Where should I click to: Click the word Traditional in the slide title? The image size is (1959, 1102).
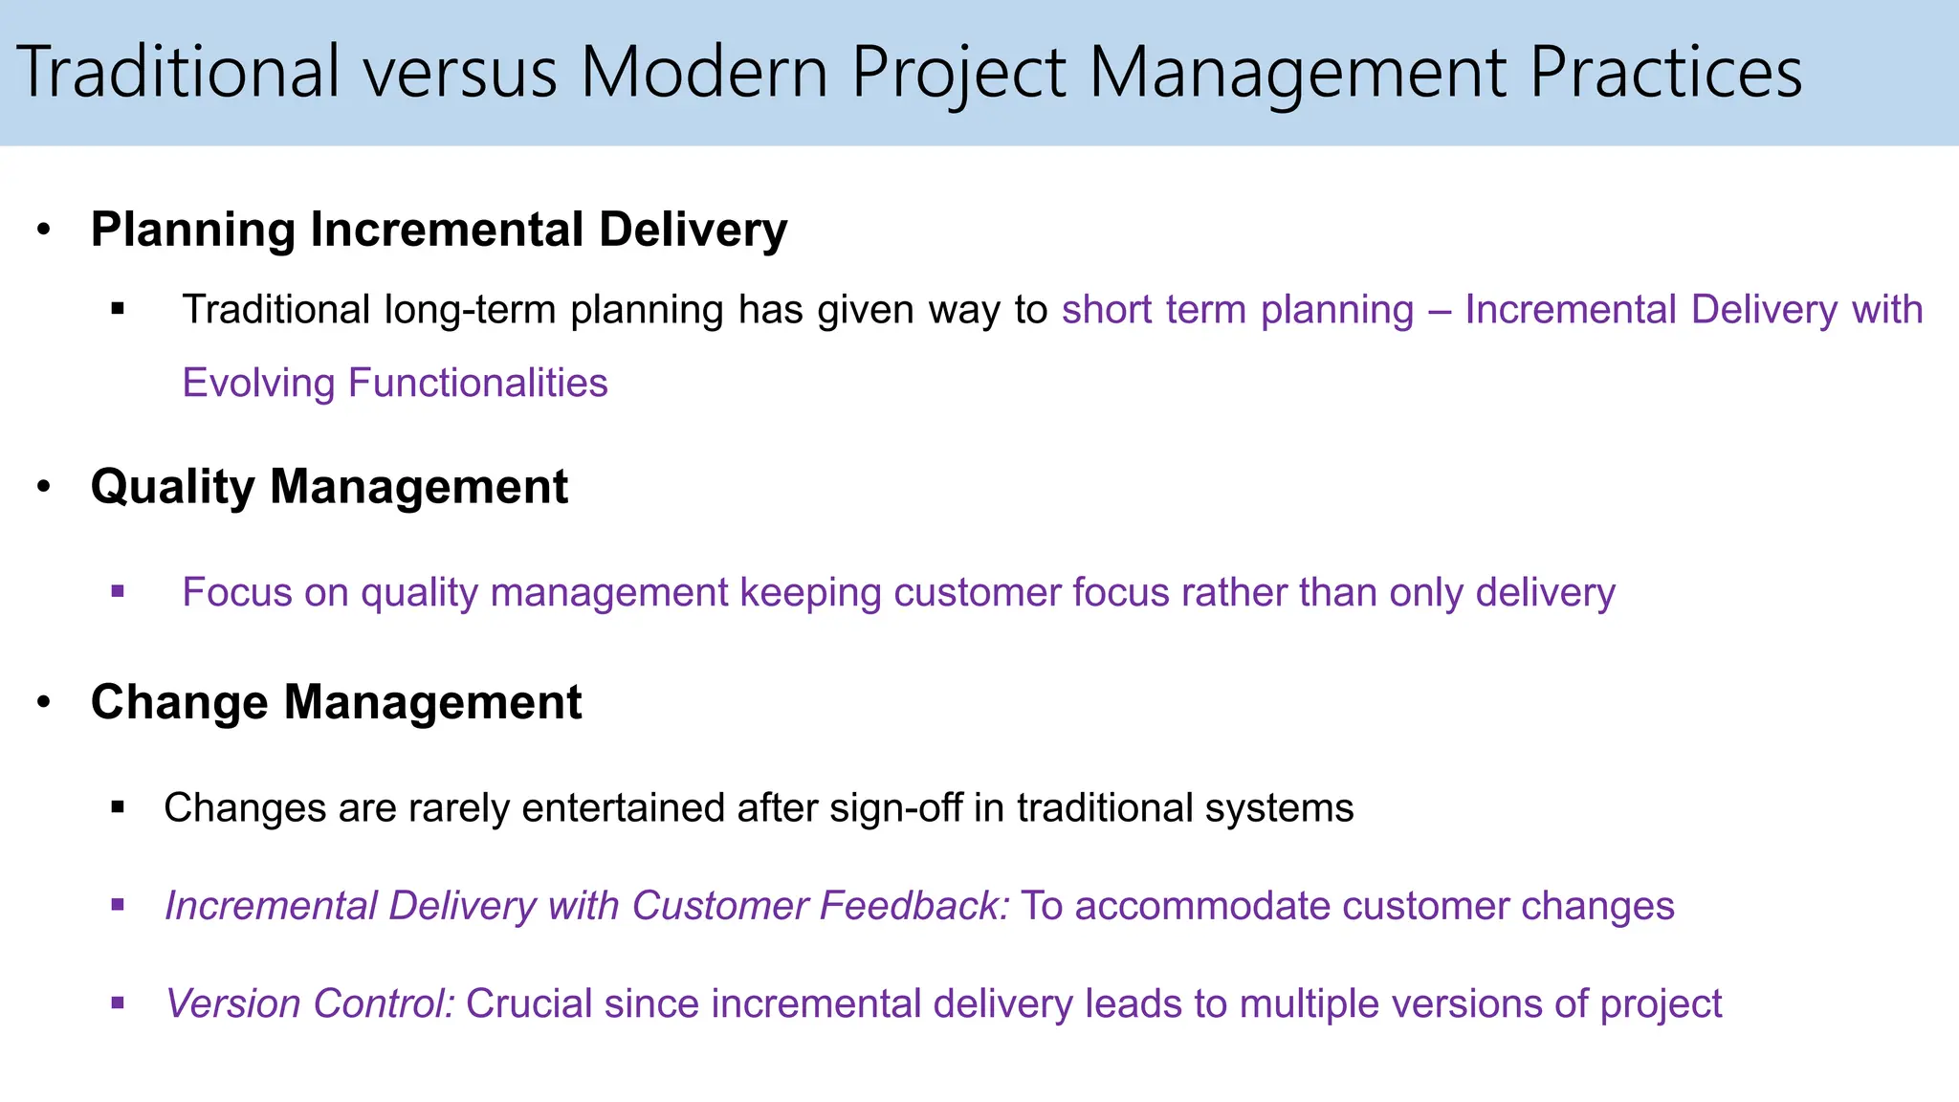(179, 72)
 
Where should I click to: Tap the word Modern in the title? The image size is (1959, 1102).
(704, 72)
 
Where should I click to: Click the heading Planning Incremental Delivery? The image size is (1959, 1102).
(438, 230)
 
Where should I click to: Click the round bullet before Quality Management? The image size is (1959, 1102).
(43, 487)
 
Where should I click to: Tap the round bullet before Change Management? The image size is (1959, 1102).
(43, 702)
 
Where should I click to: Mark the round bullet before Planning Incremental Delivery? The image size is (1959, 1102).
(43, 231)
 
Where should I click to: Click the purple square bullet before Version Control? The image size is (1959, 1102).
(118, 1003)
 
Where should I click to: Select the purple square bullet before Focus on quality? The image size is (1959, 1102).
(118, 592)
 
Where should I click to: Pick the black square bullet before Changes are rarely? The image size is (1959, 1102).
(118, 807)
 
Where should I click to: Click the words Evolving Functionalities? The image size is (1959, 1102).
(394, 383)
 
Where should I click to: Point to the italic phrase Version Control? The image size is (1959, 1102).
(310, 1003)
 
